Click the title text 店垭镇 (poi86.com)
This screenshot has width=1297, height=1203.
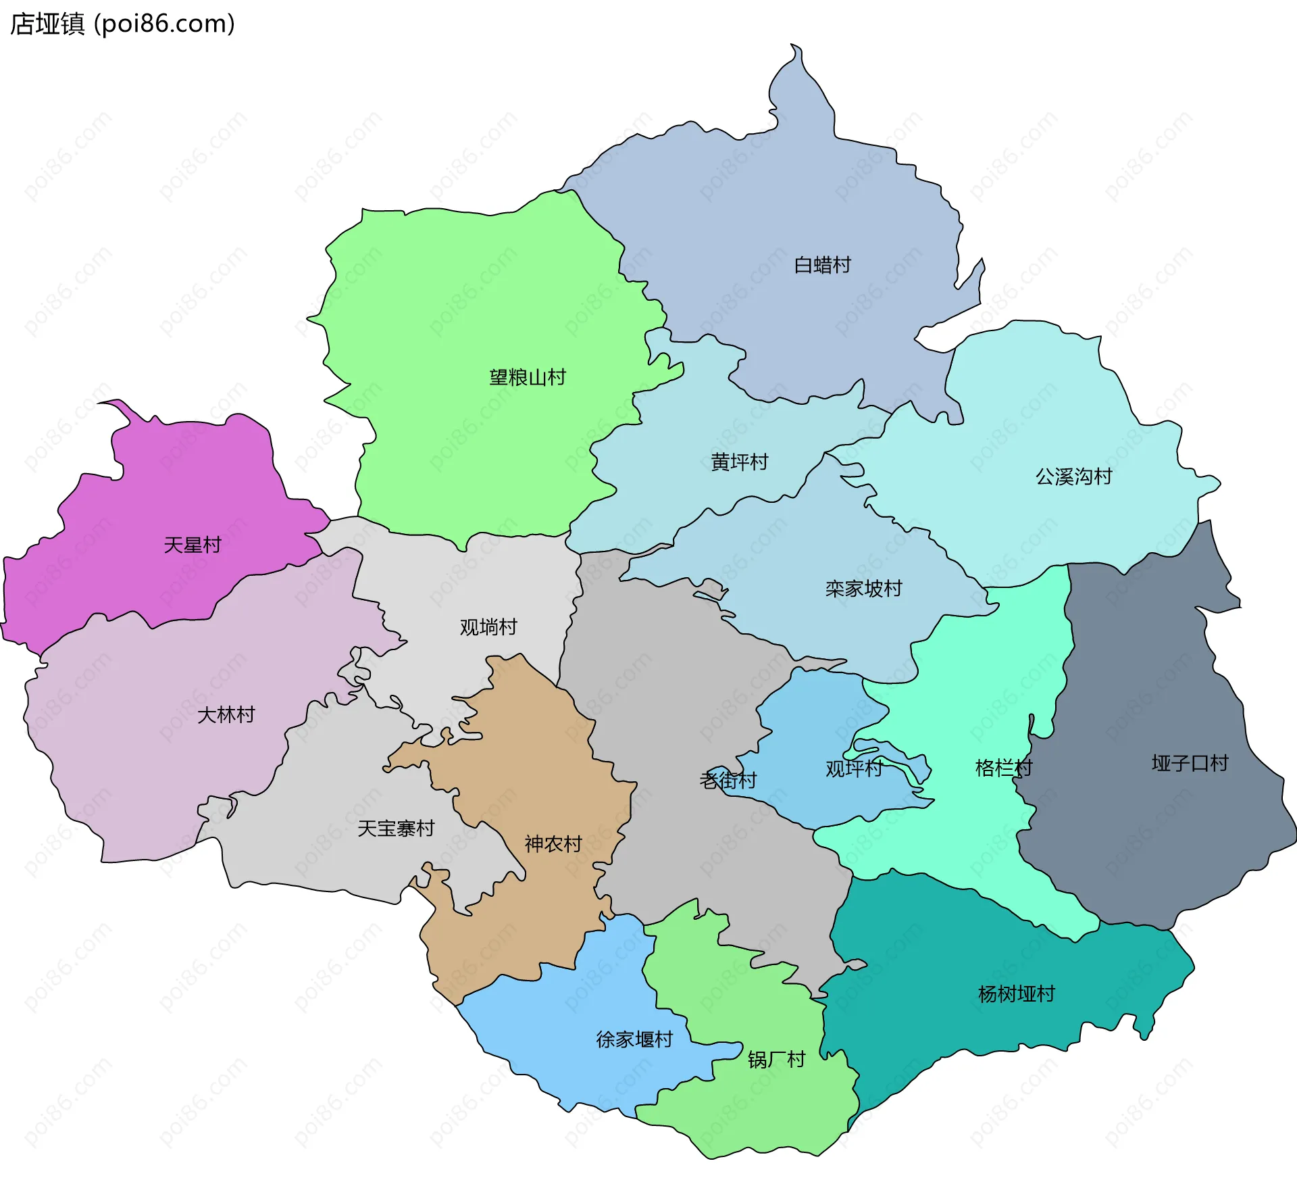point(122,24)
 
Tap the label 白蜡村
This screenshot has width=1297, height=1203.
point(822,265)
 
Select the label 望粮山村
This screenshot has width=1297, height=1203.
point(528,377)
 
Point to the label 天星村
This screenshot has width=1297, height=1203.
point(193,545)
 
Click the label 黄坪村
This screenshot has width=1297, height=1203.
point(740,462)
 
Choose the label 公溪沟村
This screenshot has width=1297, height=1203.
point(1073,476)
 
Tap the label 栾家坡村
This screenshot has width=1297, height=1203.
point(863,589)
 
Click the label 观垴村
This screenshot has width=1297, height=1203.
point(488,627)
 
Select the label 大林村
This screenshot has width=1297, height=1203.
point(226,714)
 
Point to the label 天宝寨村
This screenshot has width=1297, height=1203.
point(396,828)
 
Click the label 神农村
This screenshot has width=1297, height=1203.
point(553,843)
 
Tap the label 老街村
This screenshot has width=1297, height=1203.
point(728,780)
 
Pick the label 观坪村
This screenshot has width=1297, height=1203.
point(854,768)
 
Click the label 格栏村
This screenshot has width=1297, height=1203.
point(1003,768)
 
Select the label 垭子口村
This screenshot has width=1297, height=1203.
point(1190,763)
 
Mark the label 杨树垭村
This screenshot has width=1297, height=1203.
point(1016,993)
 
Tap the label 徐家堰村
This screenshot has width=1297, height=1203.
point(634,1039)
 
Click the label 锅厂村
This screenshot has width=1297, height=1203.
point(776,1059)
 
